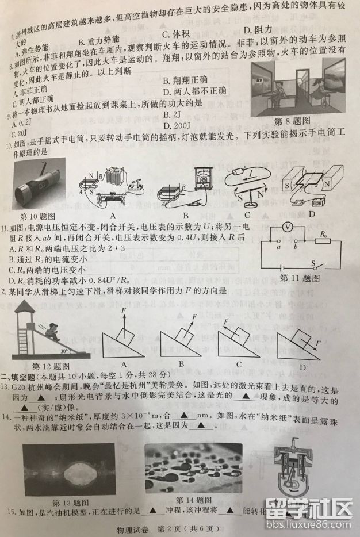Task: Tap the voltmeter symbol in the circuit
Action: tap(287, 228)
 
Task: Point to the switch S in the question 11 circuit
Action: tap(315, 264)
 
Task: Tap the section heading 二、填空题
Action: tap(22, 377)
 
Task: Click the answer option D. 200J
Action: tap(178, 125)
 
